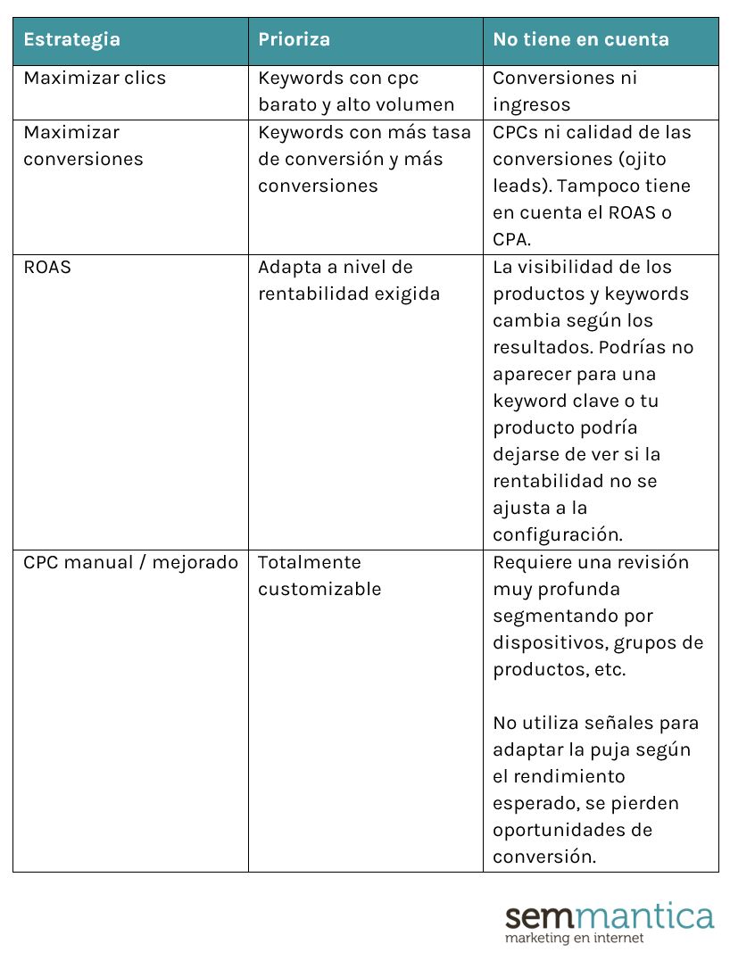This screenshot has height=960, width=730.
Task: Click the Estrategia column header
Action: [x=71, y=39]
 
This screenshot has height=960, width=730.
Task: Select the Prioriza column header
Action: [x=294, y=39]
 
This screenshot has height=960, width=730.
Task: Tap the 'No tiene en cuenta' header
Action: [x=580, y=39]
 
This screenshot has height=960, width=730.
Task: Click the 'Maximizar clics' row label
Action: [x=95, y=78]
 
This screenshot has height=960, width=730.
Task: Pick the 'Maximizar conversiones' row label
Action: [x=83, y=145]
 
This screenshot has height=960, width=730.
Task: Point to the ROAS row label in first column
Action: [x=47, y=267]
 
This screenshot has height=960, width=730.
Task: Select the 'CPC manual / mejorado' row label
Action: [x=130, y=562]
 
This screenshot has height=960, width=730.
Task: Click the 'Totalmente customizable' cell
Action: [x=319, y=575]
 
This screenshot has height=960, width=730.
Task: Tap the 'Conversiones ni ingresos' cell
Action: [x=564, y=91]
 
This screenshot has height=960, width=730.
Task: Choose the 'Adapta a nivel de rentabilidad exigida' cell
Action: [x=348, y=280]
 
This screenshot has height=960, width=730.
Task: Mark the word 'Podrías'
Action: [x=661, y=347]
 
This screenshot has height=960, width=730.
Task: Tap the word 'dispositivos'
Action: [x=544, y=642]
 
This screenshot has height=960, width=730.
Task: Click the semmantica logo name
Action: [x=610, y=916]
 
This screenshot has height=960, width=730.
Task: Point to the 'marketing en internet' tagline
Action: [x=574, y=939]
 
